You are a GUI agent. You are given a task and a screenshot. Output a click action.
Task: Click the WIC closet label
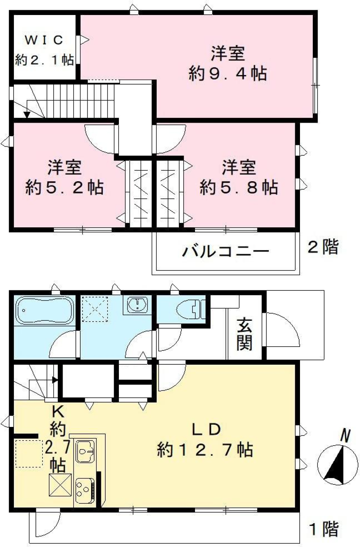pos(44,40)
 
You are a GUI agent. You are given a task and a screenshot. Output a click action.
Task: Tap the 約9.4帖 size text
pos(228,73)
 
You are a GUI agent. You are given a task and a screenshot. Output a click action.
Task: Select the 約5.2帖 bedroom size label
pos(64,187)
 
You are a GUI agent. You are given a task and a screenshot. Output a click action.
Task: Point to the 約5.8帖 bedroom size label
pos(239,187)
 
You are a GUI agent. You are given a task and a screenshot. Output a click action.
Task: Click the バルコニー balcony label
pos(225,251)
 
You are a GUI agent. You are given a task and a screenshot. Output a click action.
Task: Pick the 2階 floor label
pos(323,247)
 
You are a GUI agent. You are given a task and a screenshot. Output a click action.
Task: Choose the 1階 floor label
pos(324,529)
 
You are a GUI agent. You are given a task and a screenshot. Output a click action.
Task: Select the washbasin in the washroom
pos(138,305)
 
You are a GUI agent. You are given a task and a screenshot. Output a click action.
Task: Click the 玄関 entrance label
pos(244,334)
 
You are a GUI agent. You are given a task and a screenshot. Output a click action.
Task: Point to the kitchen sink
pos(86,451)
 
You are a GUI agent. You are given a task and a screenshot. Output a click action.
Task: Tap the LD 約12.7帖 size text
pos(205,449)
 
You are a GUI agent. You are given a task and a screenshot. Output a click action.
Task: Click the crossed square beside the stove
pos(60,485)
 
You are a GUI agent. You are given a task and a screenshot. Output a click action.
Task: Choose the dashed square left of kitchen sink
pos(29,454)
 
